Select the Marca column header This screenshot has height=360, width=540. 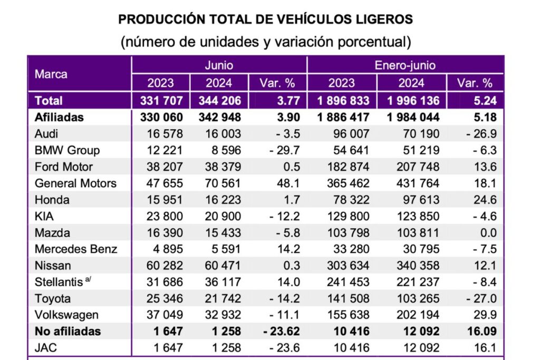(51, 74)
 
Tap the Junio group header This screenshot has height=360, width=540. (218, 65)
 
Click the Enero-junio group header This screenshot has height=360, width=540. (404, 65)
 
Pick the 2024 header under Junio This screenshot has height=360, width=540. (218, 83)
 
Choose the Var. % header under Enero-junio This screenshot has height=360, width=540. (475, 83)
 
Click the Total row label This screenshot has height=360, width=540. (49, 100)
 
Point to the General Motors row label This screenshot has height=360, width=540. (75, 183)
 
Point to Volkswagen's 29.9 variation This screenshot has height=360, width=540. (485, 315)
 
